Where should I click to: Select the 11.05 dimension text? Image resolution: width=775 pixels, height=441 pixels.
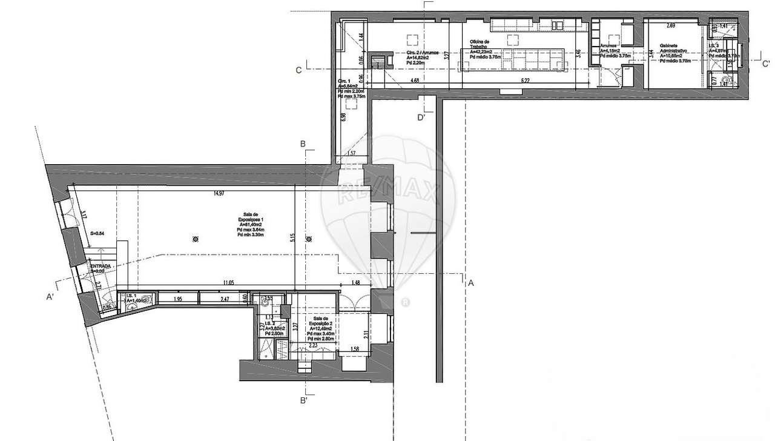click(228, 283)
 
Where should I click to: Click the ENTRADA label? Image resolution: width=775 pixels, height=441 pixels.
click(101, 266)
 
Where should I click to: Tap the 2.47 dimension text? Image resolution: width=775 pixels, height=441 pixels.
click(224, 299)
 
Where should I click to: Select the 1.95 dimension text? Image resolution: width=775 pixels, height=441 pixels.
click(178, 299)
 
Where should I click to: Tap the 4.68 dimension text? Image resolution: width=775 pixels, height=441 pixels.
click(415, 80)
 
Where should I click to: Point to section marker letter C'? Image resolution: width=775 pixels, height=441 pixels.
click(766, 64)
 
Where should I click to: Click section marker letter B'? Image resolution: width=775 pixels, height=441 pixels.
click(305, 400)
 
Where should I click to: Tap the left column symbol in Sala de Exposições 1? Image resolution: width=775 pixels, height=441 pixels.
click(195, 239)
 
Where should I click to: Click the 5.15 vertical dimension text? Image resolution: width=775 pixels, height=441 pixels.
click(292, 238)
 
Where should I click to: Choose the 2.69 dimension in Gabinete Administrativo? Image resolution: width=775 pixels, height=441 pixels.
click(670, 25)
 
